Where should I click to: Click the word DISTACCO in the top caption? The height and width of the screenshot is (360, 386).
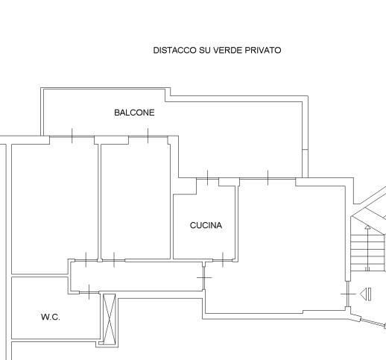click(x=174, y=50)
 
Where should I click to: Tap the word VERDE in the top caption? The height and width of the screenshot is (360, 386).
click(x=228, y=50)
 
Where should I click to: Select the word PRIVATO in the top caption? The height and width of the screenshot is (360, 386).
click(x=263, y=50)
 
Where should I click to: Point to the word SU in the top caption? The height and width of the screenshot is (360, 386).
click(x=205, y=50)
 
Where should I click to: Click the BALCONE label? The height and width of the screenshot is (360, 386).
click(x=134, y=113)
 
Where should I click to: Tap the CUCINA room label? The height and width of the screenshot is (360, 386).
click(x=206, y=225)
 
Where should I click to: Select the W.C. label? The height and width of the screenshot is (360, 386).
click(x=51, y=317)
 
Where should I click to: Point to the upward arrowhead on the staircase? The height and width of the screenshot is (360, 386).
click(x=367, y=227)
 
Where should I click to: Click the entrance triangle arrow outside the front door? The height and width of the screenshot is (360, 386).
click(x=366, y=294)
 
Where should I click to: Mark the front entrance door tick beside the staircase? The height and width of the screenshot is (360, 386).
click(x=348, y=294)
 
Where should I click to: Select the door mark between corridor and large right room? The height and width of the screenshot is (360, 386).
click(x=204, y=277)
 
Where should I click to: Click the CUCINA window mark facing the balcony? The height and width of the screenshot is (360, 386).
click(x=208, y=178)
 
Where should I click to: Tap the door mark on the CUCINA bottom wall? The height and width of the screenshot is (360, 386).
click(x=223, y=260)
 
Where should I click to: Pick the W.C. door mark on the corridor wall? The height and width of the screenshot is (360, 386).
click(x=89, y=292)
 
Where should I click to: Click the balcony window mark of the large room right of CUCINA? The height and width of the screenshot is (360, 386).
click(x=268, y=178)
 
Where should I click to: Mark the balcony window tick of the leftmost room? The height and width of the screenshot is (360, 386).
click(x=72, y=136)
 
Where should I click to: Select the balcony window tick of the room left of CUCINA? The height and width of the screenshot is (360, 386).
click(x=148, y=136)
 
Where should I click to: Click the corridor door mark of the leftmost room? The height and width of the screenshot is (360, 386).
click(x=86, y=260)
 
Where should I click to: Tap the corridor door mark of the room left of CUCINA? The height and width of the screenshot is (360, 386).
click(x=114, y=260)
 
